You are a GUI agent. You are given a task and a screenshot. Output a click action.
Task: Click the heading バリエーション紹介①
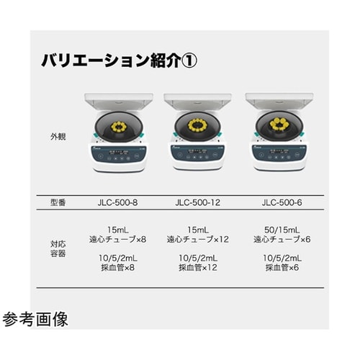tap(120, 60)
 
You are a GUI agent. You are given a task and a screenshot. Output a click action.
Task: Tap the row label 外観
tap(58, 137)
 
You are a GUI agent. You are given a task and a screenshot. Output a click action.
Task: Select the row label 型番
tap(58, 202)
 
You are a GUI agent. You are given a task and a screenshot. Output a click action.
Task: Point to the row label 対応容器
tap(58, 249)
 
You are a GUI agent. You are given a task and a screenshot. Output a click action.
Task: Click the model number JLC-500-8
tap(117, 202)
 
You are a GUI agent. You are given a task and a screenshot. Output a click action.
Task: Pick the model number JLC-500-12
tap(198, 202)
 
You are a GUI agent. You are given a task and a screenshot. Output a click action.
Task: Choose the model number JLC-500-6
tap(282, 202)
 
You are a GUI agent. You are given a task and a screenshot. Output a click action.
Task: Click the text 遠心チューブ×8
tap(117, 239)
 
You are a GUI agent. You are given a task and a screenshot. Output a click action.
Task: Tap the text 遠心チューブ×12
tap(198, 239)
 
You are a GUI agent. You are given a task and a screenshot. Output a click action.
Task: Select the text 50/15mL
tap(282, 230)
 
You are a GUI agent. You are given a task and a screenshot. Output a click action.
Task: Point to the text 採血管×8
tap(117, 267)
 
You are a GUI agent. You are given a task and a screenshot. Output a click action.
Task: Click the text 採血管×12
tap(198, 267)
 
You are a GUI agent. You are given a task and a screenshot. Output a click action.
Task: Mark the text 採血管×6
tap(282, 267)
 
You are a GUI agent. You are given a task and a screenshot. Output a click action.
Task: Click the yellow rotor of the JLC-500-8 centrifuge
tap(118, 127)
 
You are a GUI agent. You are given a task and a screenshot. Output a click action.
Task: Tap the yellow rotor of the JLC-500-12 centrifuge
tap(197, 126)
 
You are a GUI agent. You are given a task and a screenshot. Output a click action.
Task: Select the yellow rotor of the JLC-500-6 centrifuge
tap(279, 124)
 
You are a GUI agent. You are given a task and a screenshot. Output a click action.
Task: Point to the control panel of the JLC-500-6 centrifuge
tap(279, 154)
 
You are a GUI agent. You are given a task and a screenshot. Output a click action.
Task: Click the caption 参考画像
tap(35, 320)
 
